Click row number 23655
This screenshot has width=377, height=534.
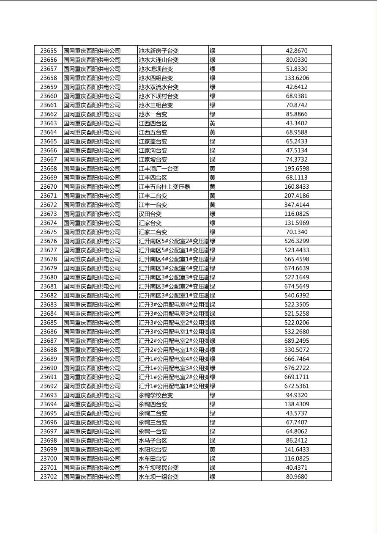pos(48,51)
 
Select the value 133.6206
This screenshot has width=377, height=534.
pos(296,78)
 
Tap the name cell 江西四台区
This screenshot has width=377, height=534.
pos(153,123)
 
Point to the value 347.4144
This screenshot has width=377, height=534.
pos(296,205)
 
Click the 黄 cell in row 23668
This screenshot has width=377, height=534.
pos(213,168)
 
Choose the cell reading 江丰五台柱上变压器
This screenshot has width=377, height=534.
pos(164,187)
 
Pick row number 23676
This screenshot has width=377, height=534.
pos(48,241)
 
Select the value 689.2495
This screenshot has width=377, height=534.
pos(296,341)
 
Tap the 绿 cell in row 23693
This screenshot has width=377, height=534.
pos(213,395)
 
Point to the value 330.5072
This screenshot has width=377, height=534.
pos(296,350)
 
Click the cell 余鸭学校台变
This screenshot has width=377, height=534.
pos(156,395)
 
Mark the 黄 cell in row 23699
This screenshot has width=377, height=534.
pos(213,449)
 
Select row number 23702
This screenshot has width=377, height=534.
pos(48,477)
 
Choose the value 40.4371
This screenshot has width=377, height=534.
pos(296,468)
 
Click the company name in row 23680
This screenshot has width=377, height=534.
pos(92,278)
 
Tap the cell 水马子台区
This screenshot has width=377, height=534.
pos(153,440)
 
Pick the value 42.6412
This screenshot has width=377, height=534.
pos(296,87)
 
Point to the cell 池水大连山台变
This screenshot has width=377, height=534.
pos(159,60)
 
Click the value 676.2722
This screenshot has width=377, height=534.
pos(296,368)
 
